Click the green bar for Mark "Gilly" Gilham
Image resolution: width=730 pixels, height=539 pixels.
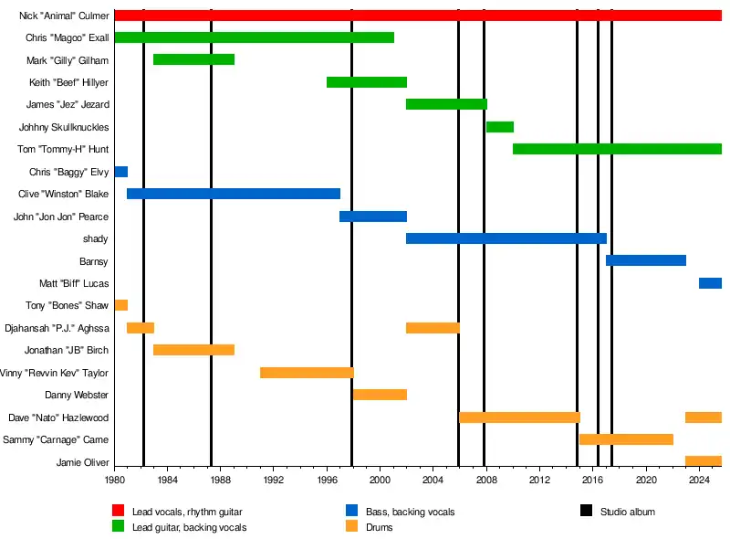(193, 59)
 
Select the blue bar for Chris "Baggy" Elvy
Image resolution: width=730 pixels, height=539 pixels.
(121, 172)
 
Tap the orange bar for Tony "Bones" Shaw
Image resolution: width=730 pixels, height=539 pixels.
(121, 305)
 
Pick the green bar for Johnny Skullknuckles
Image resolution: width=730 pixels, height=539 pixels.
(500, 127)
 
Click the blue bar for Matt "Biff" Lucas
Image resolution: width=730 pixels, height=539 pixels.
(710, 283)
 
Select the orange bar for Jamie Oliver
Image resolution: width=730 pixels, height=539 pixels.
(703, 461)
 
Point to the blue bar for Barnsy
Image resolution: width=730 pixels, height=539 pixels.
(646, 260)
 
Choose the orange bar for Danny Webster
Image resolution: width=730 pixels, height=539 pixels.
(380, 395)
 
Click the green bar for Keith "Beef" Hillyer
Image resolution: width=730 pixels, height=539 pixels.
(367, 82)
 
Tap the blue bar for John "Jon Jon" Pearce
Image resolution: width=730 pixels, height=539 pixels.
(373, 217)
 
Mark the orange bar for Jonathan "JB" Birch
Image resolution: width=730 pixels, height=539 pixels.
(193, 350)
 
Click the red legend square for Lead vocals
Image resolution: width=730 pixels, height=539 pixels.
(118, 511)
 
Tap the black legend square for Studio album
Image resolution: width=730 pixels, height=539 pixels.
(587, 511)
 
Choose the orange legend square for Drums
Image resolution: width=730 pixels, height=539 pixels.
(351, 526)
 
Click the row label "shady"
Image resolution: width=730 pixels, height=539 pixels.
(95, 238)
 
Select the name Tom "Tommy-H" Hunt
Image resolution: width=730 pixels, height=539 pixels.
(63, 149)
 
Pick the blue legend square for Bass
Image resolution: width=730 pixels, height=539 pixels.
(351, 511)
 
